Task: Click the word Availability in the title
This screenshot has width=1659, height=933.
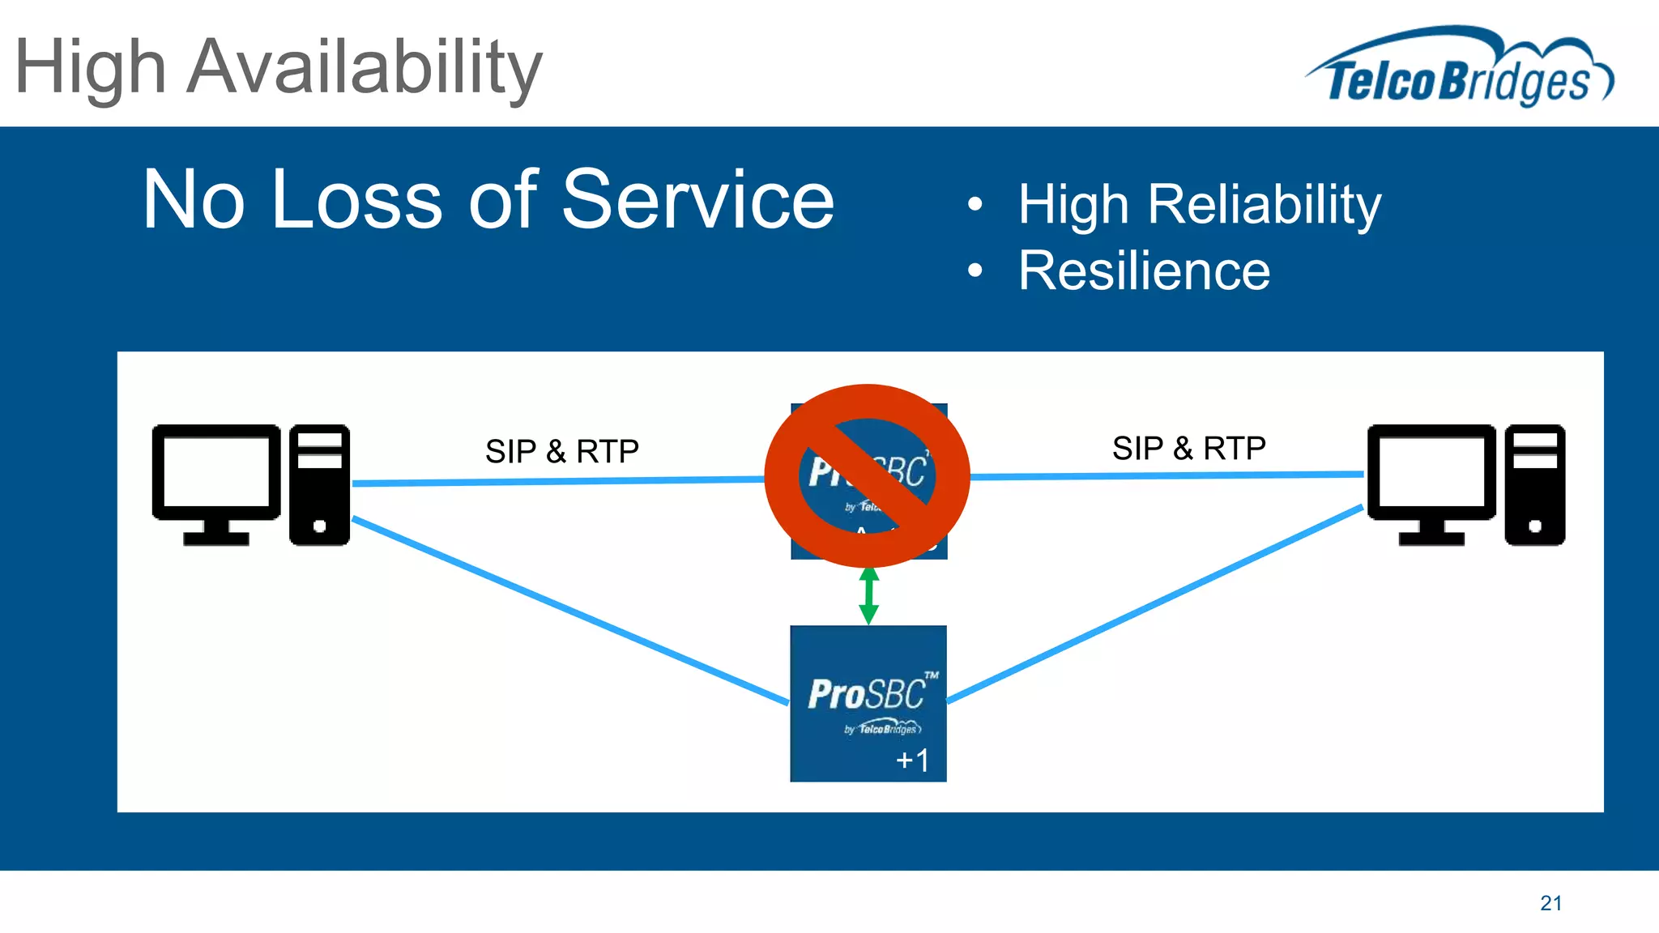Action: [x=364, y=68]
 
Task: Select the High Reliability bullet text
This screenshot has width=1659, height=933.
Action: [x=1199, y=204]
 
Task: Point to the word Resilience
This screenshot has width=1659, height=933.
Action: [x=1144, y=271]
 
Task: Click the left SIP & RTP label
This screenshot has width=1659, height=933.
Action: [x=561, y=451]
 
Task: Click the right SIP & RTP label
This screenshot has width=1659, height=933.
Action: [x=1188, y=448]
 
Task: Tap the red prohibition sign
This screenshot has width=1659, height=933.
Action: [x=867, y=476]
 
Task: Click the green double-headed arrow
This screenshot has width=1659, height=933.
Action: [x=868, y=595]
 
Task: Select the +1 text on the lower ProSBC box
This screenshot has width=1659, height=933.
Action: [x=912, y=760]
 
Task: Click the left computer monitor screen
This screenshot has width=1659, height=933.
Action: [x=216, y=472]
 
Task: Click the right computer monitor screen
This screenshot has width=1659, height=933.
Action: [x=1431, y=472]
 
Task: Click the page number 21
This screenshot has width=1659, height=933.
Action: [x=1550, y=903]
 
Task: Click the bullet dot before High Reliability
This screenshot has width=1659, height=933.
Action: [x=975, y=204]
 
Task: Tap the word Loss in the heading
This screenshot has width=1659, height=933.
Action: [x=356, y=199]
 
